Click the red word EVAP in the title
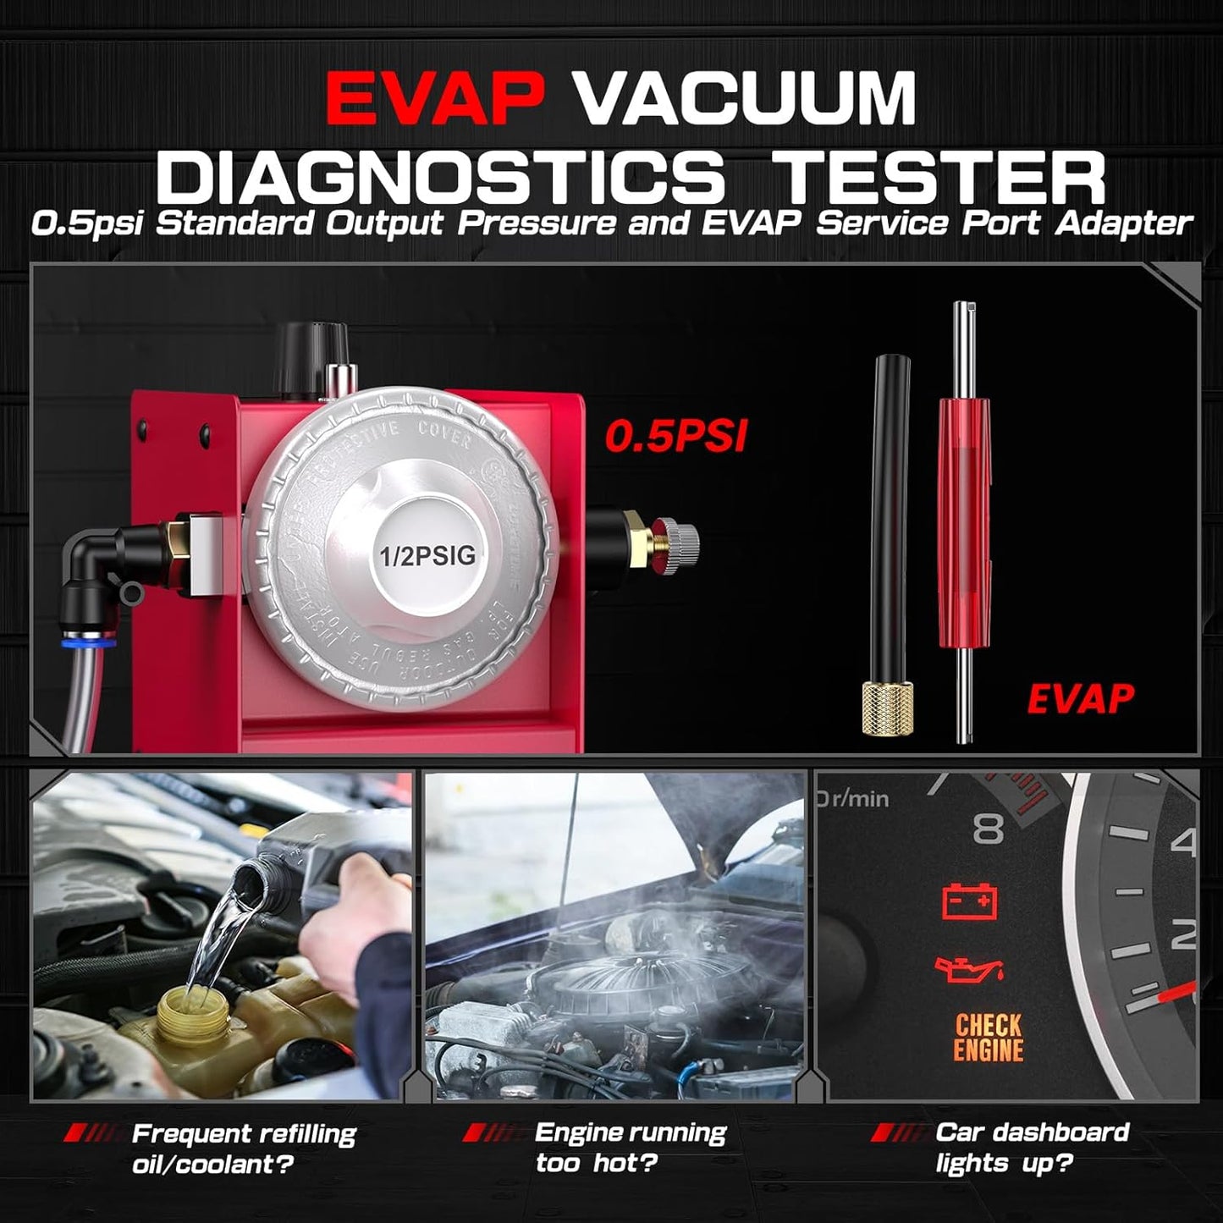[434, 99]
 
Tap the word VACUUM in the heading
[746, 99]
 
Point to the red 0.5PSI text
[675, 436]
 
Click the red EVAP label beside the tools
[1080, 698]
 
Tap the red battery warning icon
[970, 902]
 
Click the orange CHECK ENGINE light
[989, 1038]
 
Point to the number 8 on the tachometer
[988, 829]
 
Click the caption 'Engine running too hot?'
[630, 1148]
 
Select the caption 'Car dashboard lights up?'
[1032, 1148]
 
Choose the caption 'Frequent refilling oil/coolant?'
[244, 1149]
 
